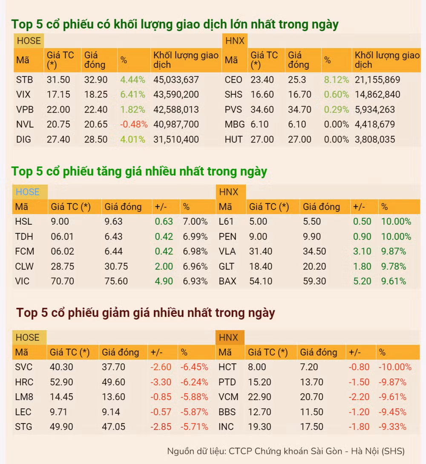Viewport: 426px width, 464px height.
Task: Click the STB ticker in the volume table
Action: [24, 79]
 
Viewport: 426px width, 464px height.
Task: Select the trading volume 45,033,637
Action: [176, 79]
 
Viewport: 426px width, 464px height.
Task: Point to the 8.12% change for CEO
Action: [336, 79]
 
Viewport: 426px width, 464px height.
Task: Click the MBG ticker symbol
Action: [235, 125]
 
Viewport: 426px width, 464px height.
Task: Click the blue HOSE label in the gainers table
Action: [28, 192]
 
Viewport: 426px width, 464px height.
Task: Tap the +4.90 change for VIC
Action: [164, 281]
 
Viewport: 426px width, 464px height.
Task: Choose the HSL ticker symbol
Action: [24, 221]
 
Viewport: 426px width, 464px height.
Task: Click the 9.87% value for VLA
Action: [394, 252]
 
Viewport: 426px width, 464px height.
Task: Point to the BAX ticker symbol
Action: [227, 281]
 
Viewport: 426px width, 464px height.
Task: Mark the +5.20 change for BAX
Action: [362, 281]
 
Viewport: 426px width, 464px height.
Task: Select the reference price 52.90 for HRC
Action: [61, 382]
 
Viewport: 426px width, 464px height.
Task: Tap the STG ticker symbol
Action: [24, 427]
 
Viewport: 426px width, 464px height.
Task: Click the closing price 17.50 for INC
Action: [311, 427]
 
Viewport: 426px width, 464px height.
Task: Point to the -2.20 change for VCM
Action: [359, 397]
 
